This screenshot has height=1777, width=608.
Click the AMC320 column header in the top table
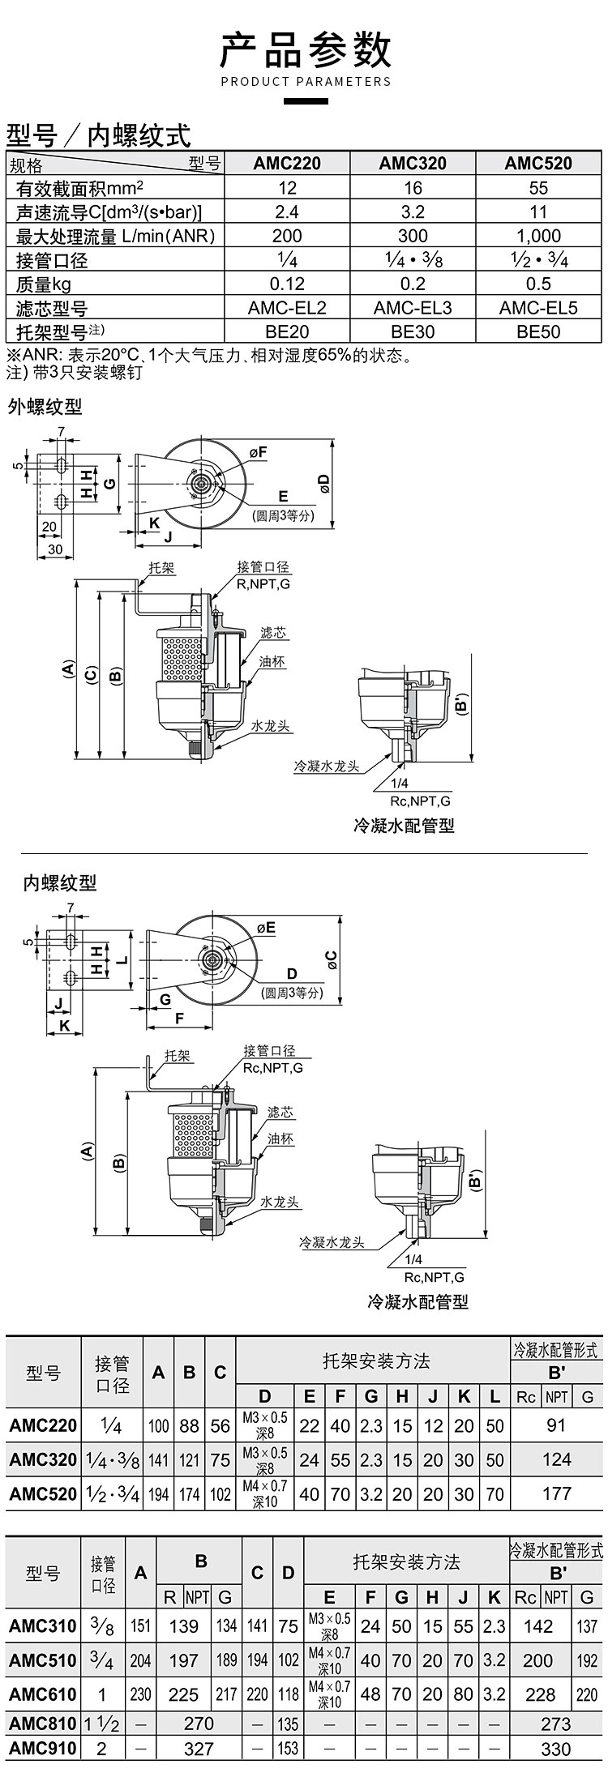point(413,163)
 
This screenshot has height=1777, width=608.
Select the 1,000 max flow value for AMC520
point(538,236)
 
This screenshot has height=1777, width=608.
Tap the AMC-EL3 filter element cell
point(413,308)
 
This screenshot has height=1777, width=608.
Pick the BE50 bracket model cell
point(538,331)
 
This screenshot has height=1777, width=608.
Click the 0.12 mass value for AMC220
point(287,284)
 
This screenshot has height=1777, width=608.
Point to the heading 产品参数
point(306,49)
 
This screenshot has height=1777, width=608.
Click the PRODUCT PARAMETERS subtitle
point(306,81)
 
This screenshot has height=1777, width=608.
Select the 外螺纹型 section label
point(45,407)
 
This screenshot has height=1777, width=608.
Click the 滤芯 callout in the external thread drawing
point(274,633)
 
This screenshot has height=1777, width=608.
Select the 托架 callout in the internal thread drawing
point(178,1056)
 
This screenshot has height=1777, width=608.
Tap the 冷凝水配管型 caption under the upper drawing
point(404,826)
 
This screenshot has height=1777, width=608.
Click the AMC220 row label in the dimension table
point(44,1425)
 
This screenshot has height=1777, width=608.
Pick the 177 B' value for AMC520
point(556,1493)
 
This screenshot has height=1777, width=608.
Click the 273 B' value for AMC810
point(556,1724)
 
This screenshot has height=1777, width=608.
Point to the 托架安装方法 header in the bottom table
point(406,1561)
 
